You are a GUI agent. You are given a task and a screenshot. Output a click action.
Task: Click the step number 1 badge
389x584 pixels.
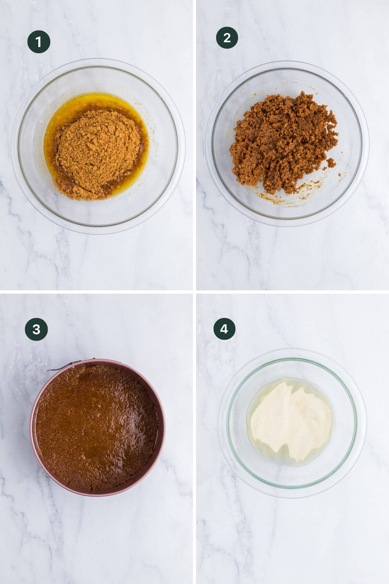click(39, 42)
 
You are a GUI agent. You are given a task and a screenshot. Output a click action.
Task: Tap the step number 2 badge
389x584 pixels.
click(227, 38)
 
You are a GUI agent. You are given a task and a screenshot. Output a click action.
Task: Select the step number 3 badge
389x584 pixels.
click(36, 329)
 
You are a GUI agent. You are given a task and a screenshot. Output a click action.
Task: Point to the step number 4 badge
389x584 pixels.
click(224, 329)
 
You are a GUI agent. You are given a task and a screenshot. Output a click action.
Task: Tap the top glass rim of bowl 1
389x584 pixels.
click(97, 60)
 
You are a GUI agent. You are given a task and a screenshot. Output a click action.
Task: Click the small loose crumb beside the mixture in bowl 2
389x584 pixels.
click(331, 162)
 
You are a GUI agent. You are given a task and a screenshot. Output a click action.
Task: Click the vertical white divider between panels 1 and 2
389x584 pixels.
click(194, 146)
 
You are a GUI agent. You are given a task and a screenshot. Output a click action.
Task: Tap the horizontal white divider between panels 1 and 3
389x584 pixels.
click(97, 292)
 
